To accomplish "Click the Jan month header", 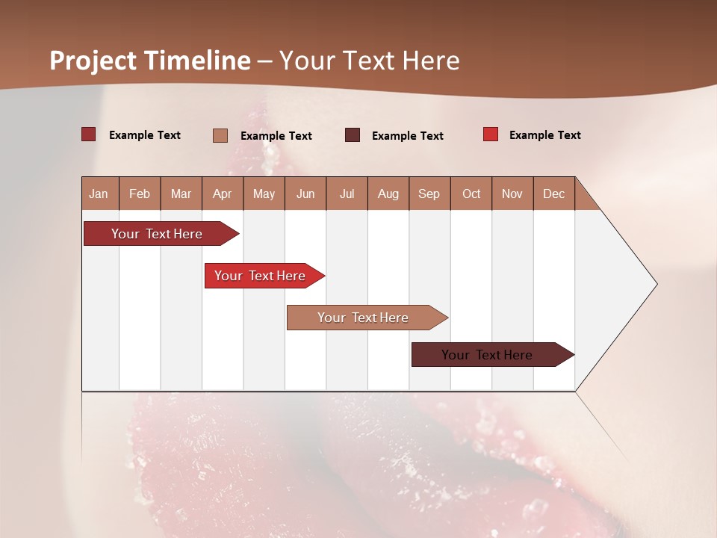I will point(99,194).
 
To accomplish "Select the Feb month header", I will point(140,194).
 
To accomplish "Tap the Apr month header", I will point(222,194).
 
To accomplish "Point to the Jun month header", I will point(305,194).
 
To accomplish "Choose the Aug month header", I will point(388,194).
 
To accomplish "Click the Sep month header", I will point(429,194).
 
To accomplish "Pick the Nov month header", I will point(512,194).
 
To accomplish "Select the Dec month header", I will point(553,194).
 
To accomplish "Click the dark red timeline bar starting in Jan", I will point(158,234).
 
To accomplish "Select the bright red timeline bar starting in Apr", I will point(261,276).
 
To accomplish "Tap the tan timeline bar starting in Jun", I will point(364,318).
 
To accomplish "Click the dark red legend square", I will point(89,134).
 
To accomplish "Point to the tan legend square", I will point(220,135).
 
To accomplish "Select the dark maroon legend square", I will point(353,135).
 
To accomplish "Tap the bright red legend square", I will point(491,134).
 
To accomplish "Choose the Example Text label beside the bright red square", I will point(544,135).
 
